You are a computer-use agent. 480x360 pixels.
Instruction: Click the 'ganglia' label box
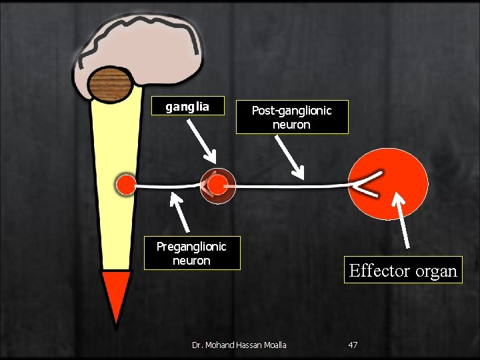pos(187,107)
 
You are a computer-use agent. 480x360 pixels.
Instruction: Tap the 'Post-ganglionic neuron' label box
pos(291,117)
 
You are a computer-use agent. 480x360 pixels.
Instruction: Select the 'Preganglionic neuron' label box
pos(191,253)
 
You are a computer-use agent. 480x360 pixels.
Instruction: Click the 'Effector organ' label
pos(403,271)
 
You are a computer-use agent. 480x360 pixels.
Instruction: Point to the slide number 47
pos(353,345)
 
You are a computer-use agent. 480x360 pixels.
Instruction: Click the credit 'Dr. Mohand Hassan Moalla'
pos(239,345)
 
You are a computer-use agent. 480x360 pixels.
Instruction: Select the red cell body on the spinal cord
pos(125,186)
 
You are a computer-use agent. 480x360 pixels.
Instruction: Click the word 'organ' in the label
pos(436,271)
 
